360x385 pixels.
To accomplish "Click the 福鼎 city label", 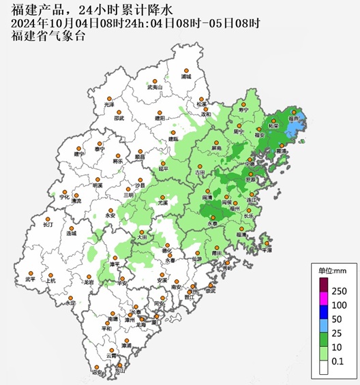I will (293, 118).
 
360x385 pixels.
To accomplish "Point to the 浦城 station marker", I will (185, 71).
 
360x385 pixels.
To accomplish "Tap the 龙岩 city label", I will (89, 281).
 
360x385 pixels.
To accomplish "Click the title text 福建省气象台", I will (48, 36).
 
